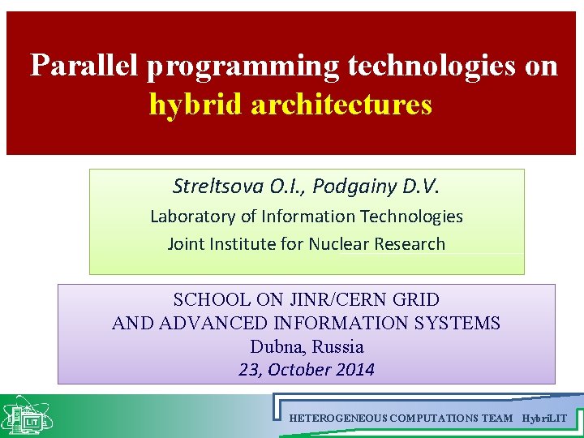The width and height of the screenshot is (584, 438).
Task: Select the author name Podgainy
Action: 354,187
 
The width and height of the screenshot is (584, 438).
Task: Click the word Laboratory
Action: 189,217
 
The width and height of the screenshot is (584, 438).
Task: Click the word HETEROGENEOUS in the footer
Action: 337,418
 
